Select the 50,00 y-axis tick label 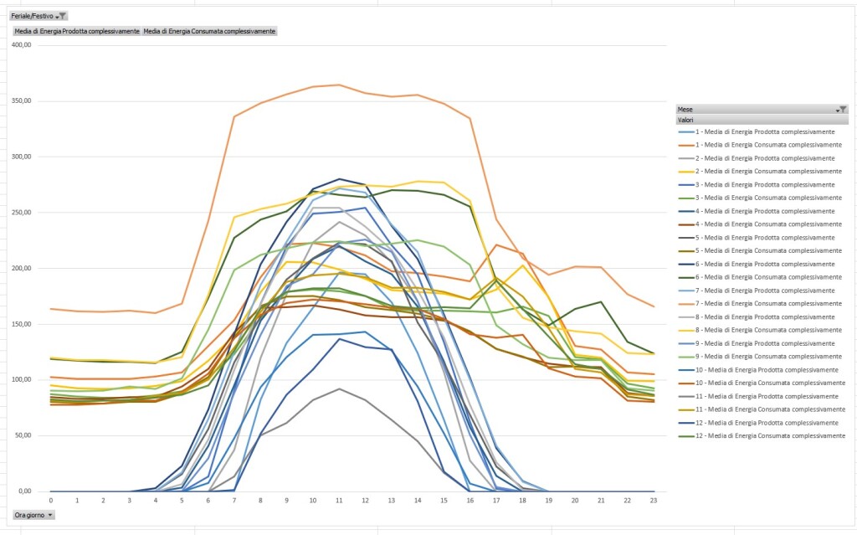click(23, 435)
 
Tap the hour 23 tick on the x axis click(652, 500)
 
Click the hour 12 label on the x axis click(365, 500)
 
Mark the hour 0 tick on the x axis click(51, 500)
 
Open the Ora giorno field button click(33, 514)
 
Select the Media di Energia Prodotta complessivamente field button click(77, 31)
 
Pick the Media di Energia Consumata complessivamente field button click(209, 31)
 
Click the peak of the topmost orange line click(338, 85)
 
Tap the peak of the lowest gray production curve click(338, 388)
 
